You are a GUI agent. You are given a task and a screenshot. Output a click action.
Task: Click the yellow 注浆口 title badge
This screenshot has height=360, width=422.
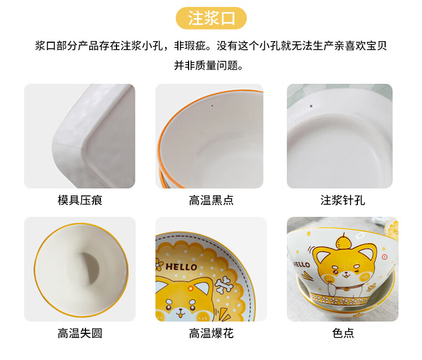coord(211,18)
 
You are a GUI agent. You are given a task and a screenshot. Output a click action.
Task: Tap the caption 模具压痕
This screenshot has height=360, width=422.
coord(80,200)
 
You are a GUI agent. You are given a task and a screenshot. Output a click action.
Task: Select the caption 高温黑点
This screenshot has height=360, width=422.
coord(212,200)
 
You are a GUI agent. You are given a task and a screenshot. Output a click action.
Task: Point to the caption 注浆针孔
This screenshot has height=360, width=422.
coord(342,200)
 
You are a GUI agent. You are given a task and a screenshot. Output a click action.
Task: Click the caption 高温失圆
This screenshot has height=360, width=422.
coord(80,333)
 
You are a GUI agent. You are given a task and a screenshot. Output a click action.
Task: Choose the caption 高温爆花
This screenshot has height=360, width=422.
coord(212,333)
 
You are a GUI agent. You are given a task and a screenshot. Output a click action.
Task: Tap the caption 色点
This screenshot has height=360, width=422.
coord(343,333)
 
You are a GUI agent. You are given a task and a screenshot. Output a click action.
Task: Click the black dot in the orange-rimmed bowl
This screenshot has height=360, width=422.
coord(212,105)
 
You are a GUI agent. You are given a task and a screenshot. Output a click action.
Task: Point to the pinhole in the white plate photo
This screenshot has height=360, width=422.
coord(311,106)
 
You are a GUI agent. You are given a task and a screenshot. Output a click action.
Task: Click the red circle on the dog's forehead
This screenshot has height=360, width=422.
coord(191,288)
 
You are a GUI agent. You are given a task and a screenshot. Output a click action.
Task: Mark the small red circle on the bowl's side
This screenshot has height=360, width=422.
coord(384,257)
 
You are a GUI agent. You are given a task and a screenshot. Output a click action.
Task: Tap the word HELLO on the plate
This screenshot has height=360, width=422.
coord(182,267)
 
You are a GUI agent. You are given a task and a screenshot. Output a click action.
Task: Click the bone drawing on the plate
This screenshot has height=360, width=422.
coord(223,285)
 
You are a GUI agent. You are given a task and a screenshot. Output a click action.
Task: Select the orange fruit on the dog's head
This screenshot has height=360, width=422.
coord(343,241)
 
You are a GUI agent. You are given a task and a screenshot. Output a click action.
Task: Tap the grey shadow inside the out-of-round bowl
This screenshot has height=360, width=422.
coord(91,268)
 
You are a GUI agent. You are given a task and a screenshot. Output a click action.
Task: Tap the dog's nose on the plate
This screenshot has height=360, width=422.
coord(180,312)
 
